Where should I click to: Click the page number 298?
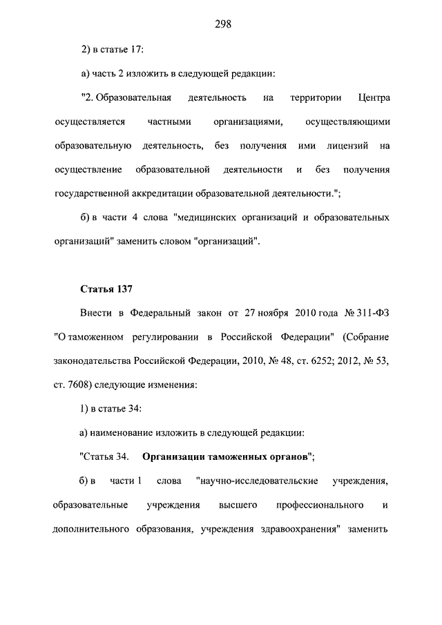(x=222, y=23)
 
